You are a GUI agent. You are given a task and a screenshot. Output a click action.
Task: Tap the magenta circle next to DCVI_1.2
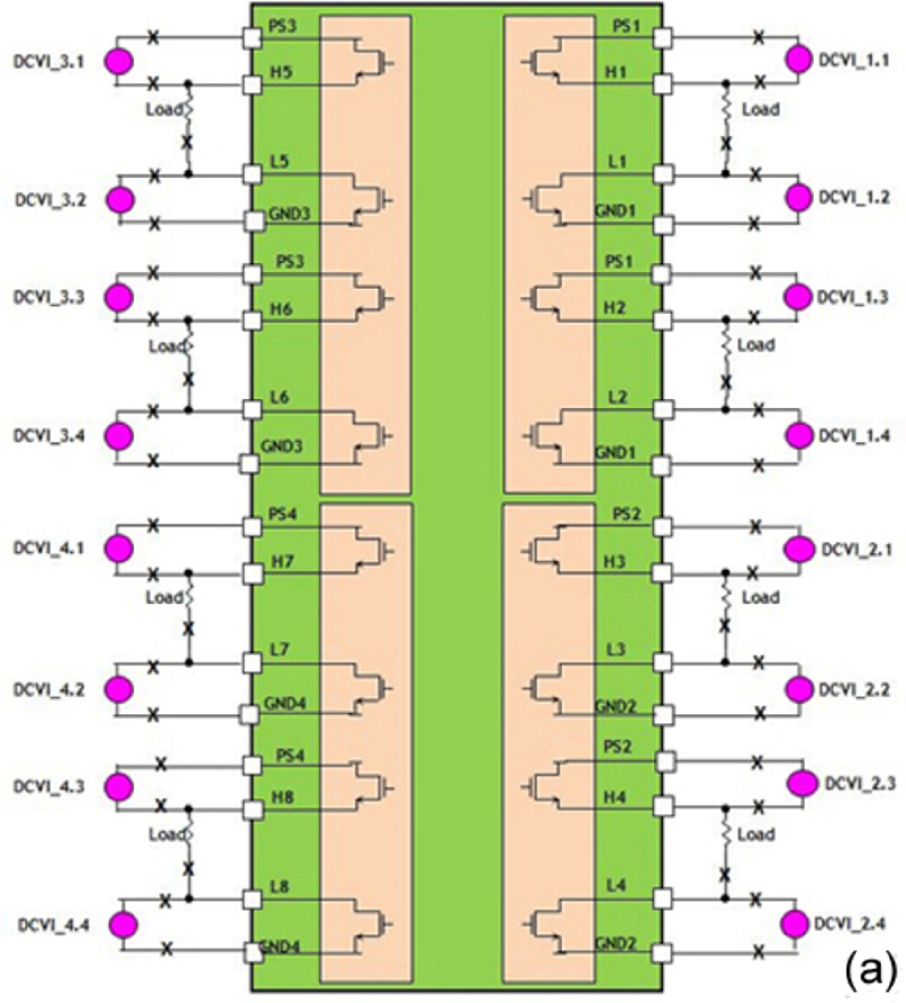[799, 197]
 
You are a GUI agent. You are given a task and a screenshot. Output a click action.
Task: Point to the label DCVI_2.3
[860, 783]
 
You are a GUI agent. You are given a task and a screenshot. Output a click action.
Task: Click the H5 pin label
[281, 73]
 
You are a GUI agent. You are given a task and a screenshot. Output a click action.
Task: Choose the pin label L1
[617, 161]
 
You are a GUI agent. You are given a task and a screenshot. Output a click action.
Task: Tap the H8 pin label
[282, 798]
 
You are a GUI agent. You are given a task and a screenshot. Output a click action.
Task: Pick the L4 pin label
[616, 885]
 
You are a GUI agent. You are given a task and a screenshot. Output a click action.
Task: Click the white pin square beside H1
[663, 84]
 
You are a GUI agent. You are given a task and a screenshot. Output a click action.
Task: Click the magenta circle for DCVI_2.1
[799, 549]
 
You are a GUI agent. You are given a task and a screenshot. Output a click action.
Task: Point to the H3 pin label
[614, 561]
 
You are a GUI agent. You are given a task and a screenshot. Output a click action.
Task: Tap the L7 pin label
[279, 649]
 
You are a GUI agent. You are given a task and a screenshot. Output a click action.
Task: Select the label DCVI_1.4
[853, 436]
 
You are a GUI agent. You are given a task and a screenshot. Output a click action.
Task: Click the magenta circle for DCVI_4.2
[119, 689]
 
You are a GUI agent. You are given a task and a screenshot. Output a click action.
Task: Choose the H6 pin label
[281, 309]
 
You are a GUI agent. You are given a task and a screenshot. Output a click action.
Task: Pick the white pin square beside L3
[663, 662]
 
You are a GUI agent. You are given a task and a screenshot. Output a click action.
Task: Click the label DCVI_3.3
[49, 297]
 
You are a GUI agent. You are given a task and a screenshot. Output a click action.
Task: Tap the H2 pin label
[614, 308]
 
